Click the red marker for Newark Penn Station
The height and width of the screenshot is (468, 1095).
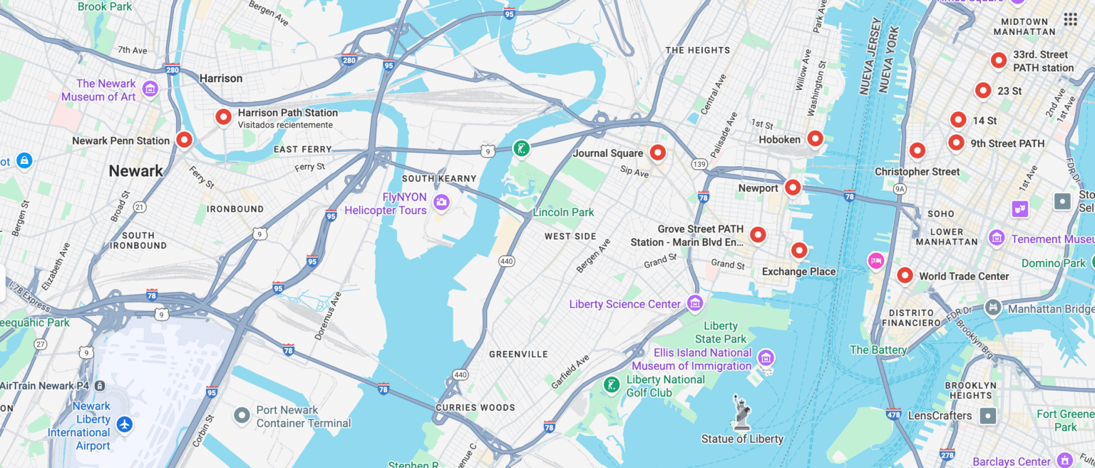184,140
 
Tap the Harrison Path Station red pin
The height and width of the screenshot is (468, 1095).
224,117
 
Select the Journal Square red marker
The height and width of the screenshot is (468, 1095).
657,152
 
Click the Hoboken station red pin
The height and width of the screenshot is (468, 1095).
815,138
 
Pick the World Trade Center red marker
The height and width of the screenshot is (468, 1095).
905,275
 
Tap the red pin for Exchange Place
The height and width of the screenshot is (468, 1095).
799,250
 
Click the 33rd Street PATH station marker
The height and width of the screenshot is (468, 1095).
999,60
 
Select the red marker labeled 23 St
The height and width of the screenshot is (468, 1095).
983,90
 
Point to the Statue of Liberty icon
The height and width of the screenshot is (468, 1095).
742,412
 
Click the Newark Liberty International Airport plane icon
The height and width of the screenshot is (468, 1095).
125,424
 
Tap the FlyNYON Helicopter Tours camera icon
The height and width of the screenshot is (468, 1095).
441,203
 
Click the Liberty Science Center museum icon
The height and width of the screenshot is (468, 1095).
695,303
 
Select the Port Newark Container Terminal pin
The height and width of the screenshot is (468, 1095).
242,414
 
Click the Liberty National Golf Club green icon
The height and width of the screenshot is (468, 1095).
611,385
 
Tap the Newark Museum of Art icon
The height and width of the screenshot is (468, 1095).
150,88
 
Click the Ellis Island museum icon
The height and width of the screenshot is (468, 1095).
766,357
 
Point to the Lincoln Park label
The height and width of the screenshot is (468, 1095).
563,213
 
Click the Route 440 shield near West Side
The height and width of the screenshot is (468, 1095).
505,262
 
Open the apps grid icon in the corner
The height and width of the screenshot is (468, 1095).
1070,19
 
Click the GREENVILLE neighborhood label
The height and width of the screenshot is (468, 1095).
518,354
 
